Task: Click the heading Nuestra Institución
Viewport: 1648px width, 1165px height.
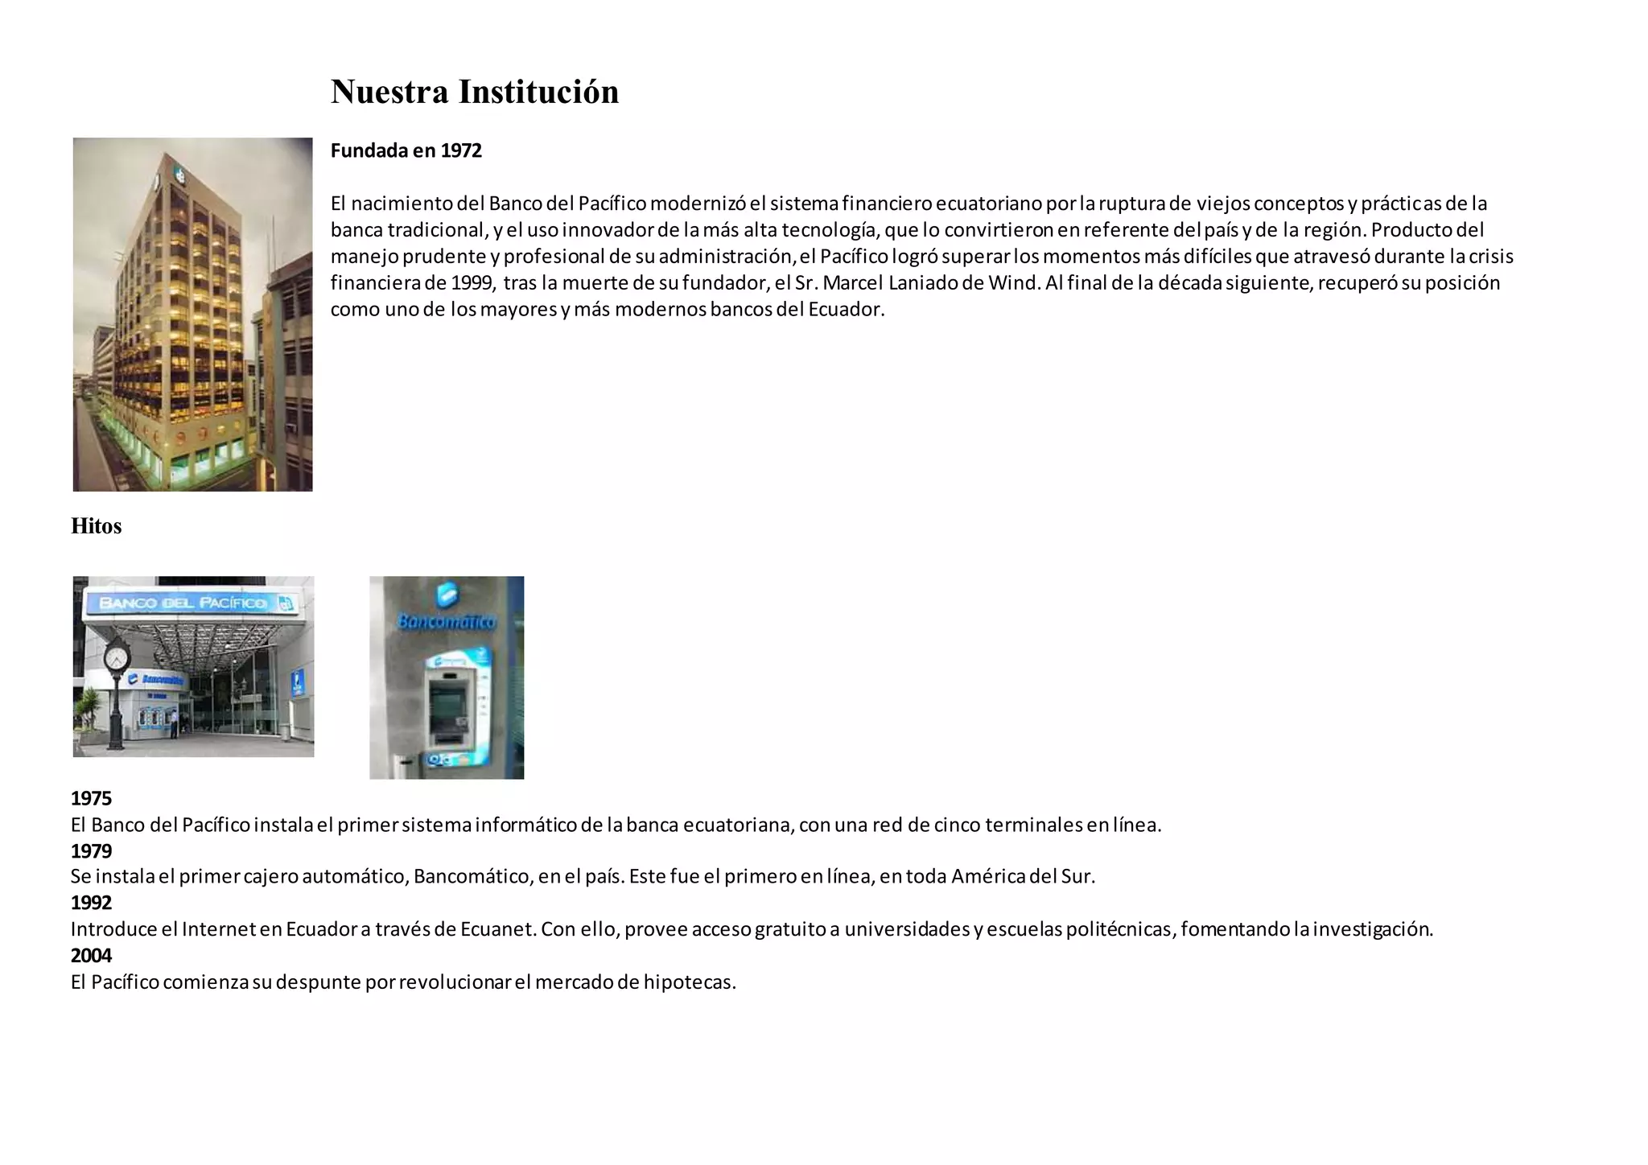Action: click(475, 92)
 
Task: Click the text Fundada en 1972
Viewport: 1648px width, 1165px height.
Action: click(406, 150)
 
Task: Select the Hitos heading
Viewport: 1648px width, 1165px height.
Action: click(96, 526)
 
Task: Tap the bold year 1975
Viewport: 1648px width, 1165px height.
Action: click(91, 798)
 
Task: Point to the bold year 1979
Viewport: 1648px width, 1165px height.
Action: click(91, 850)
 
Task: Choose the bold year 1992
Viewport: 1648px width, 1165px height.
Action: click(91, 903)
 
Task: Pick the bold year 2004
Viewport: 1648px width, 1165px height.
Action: click(91, 955)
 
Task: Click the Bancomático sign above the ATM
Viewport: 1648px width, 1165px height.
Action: click(447, 622)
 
